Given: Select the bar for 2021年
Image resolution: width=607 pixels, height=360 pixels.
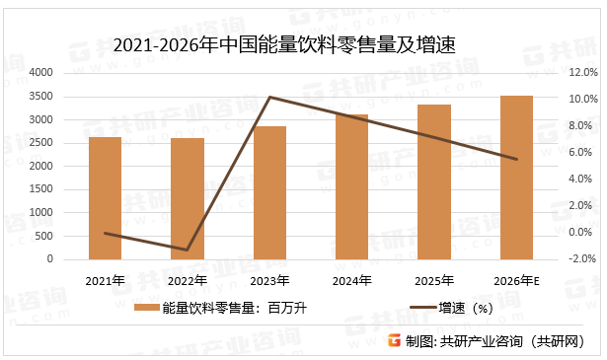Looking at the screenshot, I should point(105,197).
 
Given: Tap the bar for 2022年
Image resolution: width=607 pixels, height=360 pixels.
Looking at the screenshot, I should point(188,198).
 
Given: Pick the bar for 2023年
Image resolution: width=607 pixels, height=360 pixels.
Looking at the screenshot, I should point(269,192).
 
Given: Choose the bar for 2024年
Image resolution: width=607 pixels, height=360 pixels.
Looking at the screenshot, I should point(351,186).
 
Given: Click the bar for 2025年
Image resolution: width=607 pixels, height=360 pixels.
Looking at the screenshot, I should point(433,181).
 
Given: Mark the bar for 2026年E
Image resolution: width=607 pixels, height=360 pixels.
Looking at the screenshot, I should point(516,178).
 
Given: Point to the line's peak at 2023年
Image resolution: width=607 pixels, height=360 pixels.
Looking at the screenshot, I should point(269,97).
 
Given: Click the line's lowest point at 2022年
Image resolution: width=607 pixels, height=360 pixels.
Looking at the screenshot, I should point(188,250).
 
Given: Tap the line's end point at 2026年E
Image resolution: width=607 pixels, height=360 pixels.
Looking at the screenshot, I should point(516,159).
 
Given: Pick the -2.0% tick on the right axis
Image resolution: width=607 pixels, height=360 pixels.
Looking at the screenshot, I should point(583,259).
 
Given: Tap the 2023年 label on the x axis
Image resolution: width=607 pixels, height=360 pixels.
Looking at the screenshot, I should point(269,281).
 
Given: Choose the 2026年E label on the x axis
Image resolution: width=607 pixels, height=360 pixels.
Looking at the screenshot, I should point(516,281).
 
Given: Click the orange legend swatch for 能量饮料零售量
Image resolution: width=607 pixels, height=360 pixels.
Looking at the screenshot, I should point(146,308).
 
